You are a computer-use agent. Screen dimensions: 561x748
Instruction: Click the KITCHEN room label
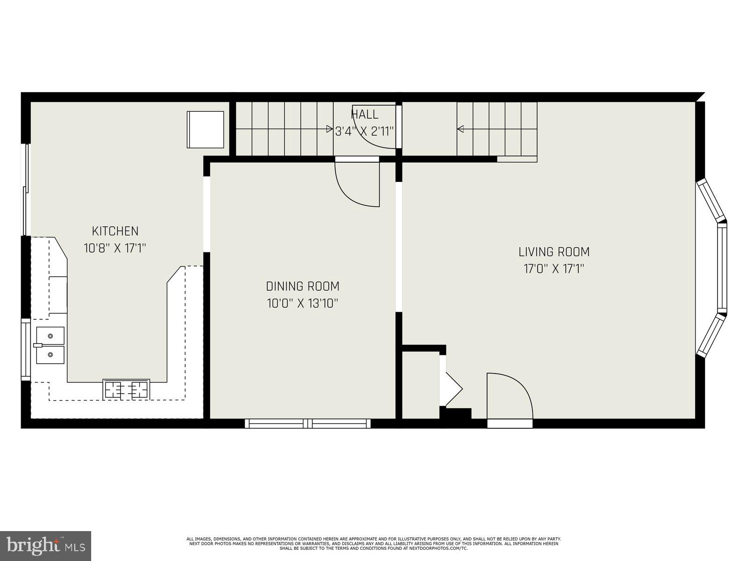[115, 231]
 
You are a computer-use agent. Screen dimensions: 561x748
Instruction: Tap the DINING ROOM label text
[302, 286]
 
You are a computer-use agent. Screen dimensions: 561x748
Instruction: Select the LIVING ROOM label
[554, 252]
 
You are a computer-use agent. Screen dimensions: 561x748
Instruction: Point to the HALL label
[365, 115]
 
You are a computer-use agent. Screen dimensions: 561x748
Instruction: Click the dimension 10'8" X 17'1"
[115, 248]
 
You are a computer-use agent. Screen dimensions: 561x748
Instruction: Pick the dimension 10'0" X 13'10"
[302, 303]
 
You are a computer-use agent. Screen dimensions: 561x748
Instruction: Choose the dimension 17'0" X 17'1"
[554, 269]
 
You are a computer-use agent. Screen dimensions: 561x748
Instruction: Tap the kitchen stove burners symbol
[126, 389]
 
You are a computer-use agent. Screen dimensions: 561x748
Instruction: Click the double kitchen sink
[50, 345]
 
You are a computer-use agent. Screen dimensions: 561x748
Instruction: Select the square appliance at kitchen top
[205, 129]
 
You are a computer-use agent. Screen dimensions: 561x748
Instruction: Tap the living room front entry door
[510, 397]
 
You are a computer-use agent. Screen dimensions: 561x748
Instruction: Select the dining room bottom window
[308, 424]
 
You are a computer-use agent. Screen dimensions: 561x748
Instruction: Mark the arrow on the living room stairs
[460, 129]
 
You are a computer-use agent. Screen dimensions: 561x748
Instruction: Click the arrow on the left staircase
[329, 129]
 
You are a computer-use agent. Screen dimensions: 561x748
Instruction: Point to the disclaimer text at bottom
[374, 543]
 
